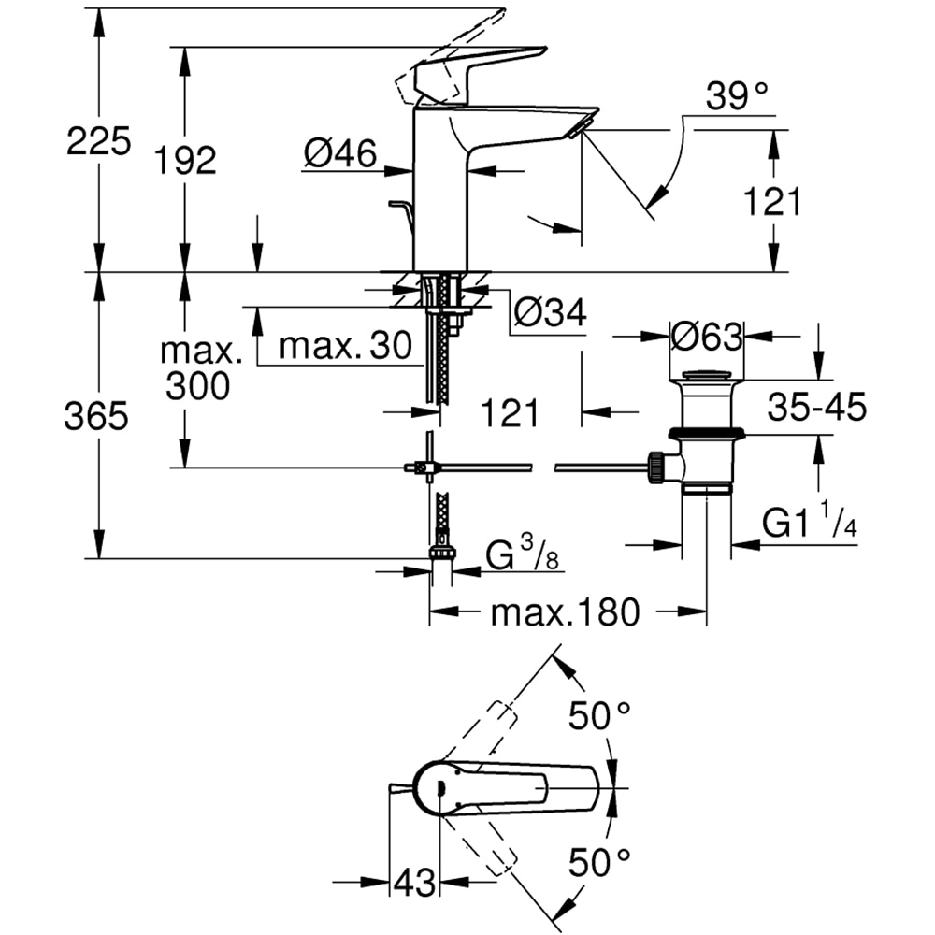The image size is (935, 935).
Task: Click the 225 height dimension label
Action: [x=98, y=143]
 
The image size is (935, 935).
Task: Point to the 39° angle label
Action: [x=736, y=94]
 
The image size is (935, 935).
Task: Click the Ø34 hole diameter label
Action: [x=551, y=313]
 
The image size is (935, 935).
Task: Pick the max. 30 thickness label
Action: [x=345, y=347]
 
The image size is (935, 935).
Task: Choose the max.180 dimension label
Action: [x=566, y=612]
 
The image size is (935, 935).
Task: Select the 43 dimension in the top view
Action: [x=413, y=882]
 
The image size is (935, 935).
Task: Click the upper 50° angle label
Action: [x=601, y=717]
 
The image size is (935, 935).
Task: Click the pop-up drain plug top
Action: [x=707, y=376]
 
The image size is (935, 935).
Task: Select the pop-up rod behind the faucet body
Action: [x=399, y=208]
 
